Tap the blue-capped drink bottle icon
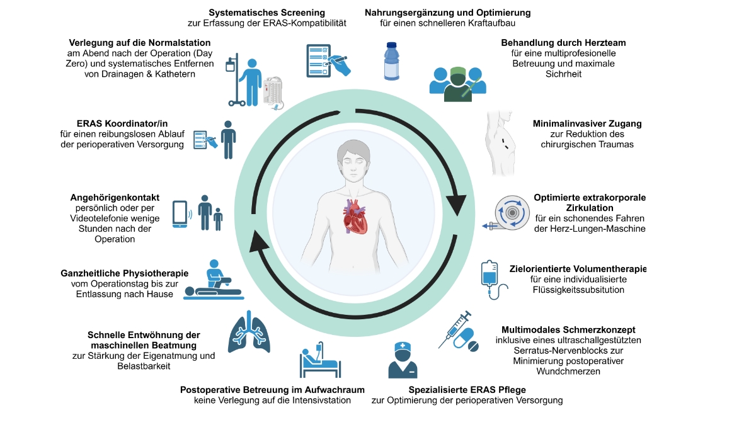click(x=391, y=61)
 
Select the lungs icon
click(x=249, y=332)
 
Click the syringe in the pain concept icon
click(x=455, y=329)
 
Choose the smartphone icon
click(x=180, y=214)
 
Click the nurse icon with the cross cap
click(x=403, y=360)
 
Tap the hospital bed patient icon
click(x=320, y=360)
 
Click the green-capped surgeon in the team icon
click(x=457, y=84)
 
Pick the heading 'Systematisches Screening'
click(x=266, y=13)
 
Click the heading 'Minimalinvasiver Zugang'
click(x=587, y=124)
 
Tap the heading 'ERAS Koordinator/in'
click(x=122, y=123)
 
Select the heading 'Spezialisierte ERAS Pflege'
click(x=467, y=390)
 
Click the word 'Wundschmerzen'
click(x=568, y=371)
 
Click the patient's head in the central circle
click(x=353, y=159)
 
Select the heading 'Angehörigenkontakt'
click(x=115, y=198)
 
